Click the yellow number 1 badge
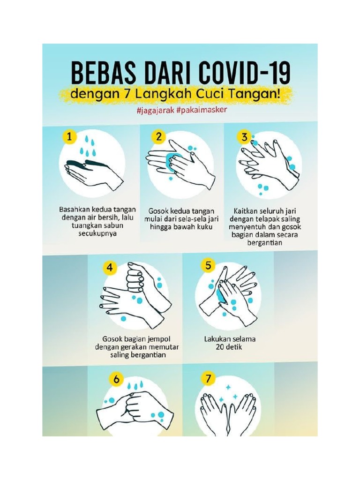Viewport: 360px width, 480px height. tap(69, 137)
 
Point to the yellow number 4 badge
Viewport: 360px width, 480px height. tap(110, 268)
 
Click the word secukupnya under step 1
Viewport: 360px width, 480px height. tap(97, 234)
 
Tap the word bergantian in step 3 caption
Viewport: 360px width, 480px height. tap(266, 243)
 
